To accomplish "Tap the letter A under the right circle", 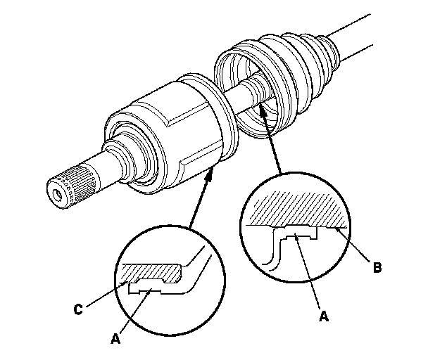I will [323, 316].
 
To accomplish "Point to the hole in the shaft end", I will [56, 191].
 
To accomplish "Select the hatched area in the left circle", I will [151, 271].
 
